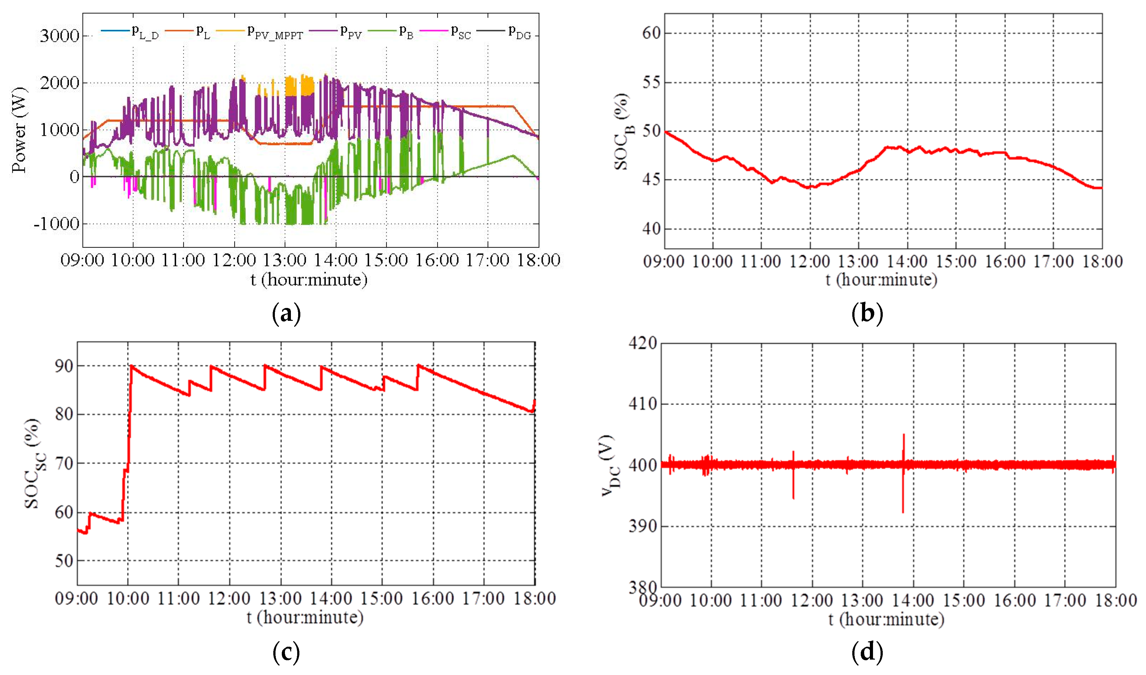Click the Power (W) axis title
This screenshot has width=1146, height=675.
[x=19, y=130]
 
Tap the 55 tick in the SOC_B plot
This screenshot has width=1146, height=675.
[x=651, y=82]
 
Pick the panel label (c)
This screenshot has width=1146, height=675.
[x=286, y=653]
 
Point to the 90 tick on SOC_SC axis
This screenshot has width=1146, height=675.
[x=64, y=366]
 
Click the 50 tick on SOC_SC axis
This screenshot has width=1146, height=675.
[x=64, y=561]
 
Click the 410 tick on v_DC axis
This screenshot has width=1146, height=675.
[x=642, y=403]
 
